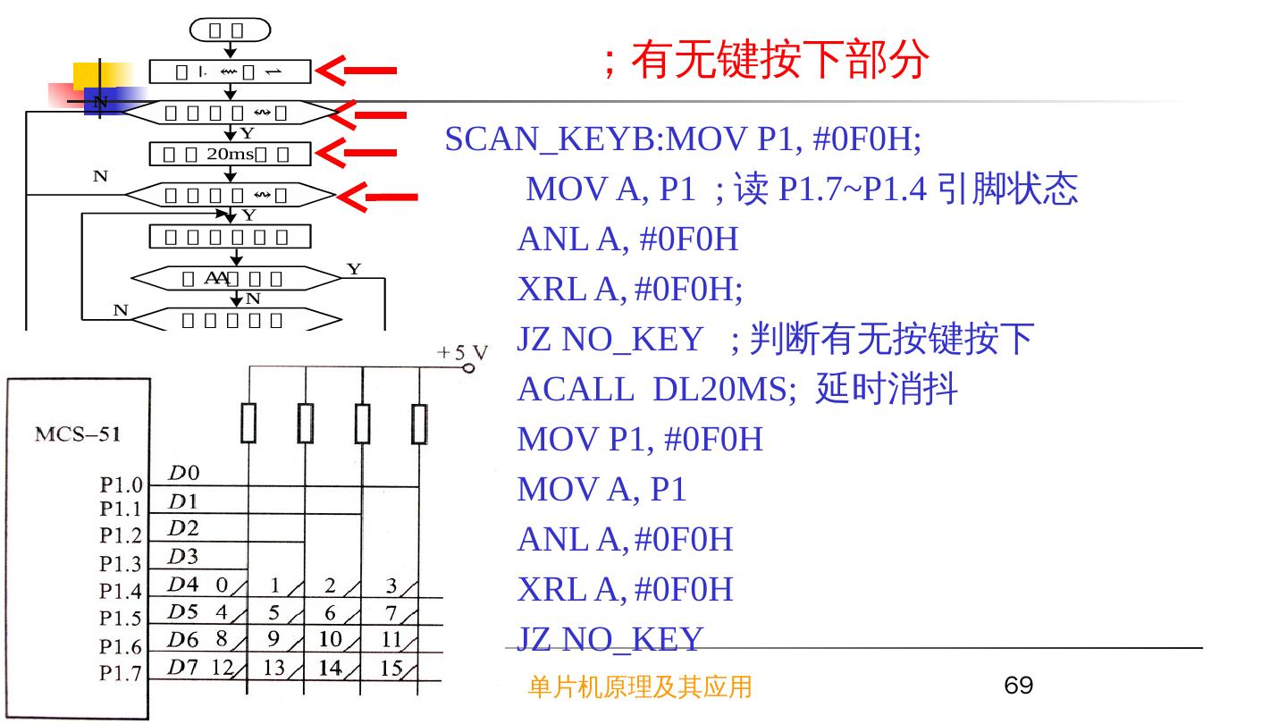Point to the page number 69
tap(1018, 686)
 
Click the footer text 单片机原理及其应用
tap(640, 686)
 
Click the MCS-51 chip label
tap(78, 435)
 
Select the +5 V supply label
tap(462, 353)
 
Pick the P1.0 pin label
tap(121, 485)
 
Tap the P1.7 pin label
tap(121, 673)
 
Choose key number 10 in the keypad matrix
tap(330, 639)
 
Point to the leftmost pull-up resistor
tap(248, 423)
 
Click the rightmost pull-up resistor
tap(419, 423)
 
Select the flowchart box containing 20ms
tap(231, 154)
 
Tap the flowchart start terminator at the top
tap(230, 31)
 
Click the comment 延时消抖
tap(887, 390)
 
